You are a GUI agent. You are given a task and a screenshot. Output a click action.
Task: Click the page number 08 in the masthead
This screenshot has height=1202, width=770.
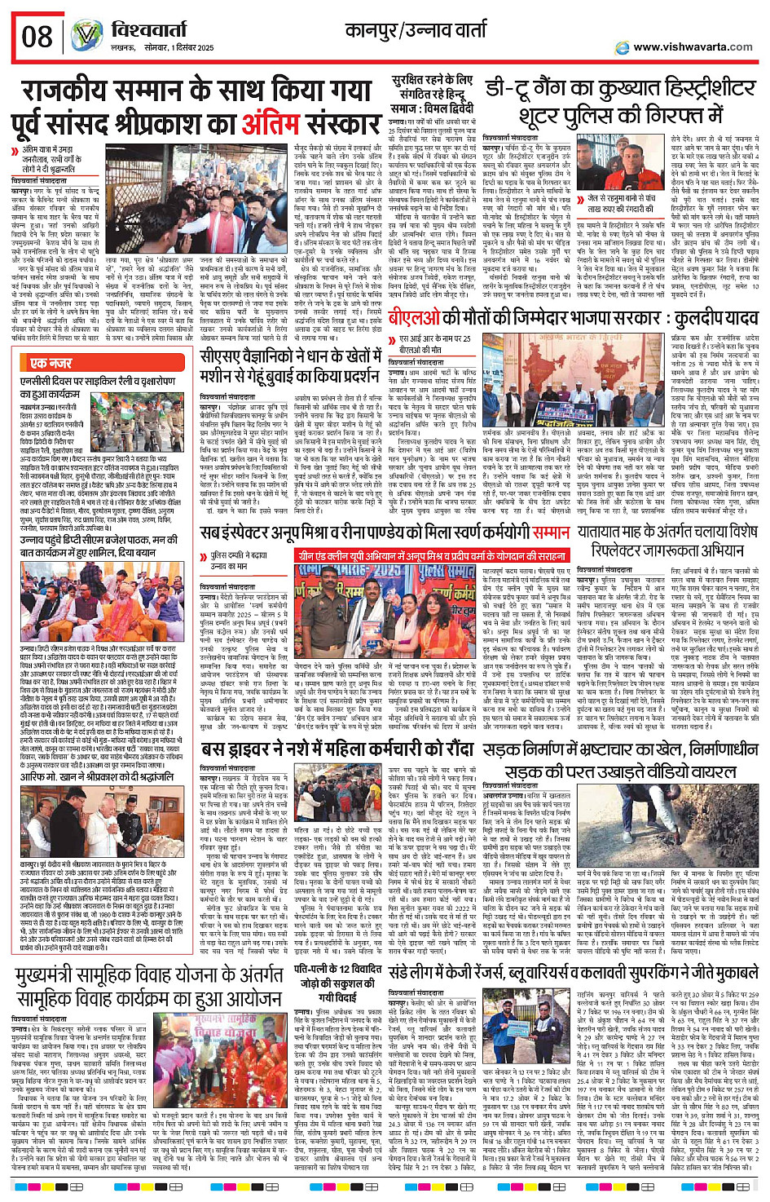click(37, 37)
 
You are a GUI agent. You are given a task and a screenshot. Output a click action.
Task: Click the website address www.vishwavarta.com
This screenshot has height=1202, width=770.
click(692, 46)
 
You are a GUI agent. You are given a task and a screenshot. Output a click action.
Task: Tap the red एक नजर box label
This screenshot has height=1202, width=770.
click(51, 363)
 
